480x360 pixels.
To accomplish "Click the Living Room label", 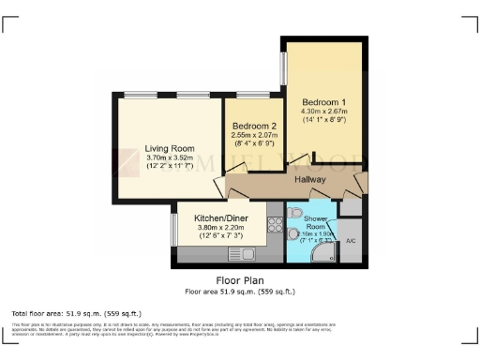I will click(169, 147).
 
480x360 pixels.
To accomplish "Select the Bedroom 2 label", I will click(255, 126).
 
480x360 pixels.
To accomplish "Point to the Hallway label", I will click(309, 179).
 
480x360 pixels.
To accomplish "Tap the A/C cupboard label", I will click(351, 242).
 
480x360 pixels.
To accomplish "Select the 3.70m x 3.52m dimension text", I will click(169, 157).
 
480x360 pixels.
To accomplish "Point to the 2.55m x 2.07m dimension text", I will click(255, 136).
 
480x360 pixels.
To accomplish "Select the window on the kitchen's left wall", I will click(174, 230).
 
